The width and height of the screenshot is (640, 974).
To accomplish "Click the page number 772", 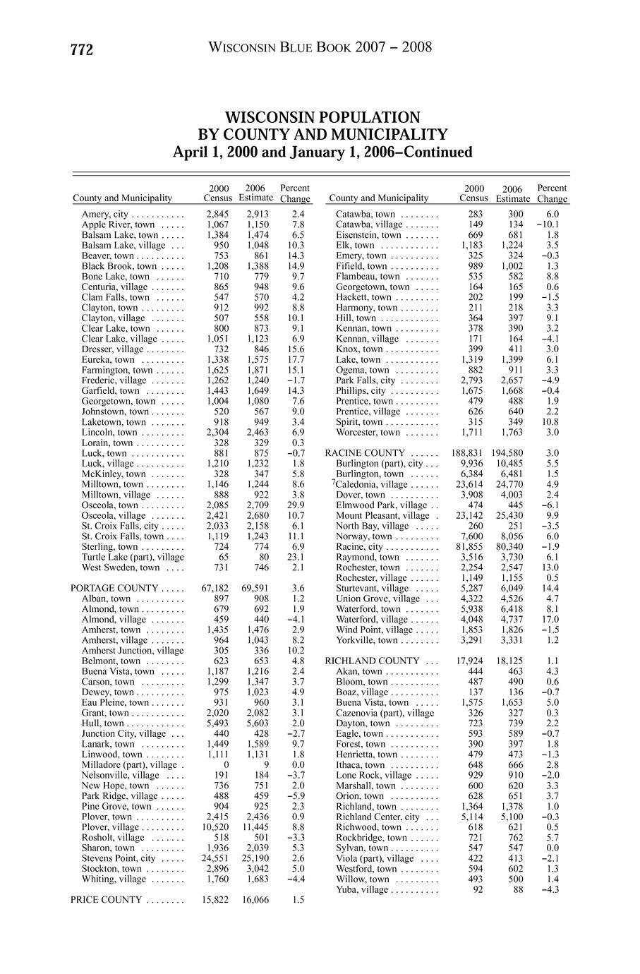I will pyautogui.click(x=82, y=49).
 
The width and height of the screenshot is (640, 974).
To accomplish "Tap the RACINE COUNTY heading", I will pyautogui.click(x=365, y=453).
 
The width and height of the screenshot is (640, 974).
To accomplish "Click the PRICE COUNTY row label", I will pyautogui.click(x=107, y=900).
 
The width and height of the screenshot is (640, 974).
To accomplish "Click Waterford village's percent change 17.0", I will pyautogui.click(x=551, y=619).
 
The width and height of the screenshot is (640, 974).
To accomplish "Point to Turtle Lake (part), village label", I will pyautogui.click(x=133, y=557).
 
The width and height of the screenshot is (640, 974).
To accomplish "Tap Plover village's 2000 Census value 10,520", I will pyautogui.click(x=217, y=827).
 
